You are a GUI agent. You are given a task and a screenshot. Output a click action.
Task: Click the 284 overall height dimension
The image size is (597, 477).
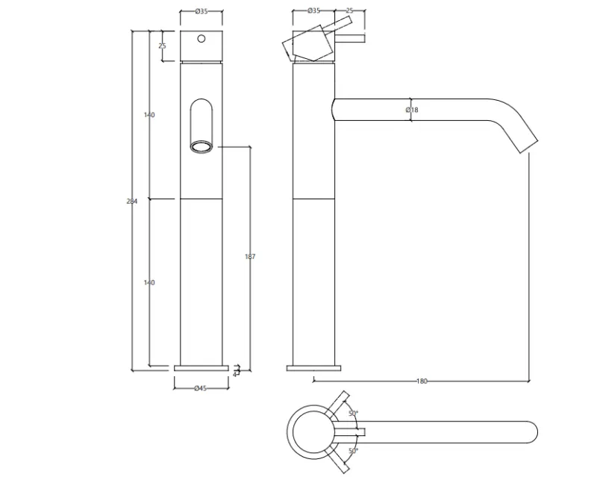[133, 202]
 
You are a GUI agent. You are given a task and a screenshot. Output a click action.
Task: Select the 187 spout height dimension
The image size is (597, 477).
[250, 257]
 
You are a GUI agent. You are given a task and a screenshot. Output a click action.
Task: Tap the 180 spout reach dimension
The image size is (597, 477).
[422, 381]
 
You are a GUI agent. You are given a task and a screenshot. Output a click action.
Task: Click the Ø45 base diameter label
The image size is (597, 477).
[201, 387]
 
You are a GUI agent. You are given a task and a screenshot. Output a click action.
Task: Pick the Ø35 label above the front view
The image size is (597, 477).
[201, 11]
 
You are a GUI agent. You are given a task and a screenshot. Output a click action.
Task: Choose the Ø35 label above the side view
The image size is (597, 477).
[314, 11]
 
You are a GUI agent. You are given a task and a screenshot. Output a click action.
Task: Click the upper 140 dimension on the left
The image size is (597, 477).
[149, 115]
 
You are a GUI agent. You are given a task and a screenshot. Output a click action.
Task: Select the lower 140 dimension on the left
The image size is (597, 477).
[149, 283]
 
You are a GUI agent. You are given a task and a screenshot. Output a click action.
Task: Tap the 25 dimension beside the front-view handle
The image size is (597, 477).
[162, 46]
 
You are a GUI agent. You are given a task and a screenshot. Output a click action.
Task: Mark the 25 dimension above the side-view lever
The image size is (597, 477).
[349, 11]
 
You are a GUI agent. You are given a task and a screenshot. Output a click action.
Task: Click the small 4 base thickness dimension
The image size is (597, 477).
[235, 372]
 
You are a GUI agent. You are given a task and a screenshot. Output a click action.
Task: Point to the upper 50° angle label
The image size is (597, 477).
[352, 413]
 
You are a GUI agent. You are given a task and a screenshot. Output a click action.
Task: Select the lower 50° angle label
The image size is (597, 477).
[352, 450]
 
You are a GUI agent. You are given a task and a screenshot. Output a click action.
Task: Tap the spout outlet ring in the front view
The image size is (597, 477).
[201, 146]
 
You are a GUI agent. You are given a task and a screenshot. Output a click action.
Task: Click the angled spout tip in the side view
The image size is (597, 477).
[527, 143]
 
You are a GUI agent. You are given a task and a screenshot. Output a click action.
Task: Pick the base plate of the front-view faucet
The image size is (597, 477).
[201, 368]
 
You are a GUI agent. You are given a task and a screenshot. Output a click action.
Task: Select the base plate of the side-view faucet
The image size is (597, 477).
[314, 368]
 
